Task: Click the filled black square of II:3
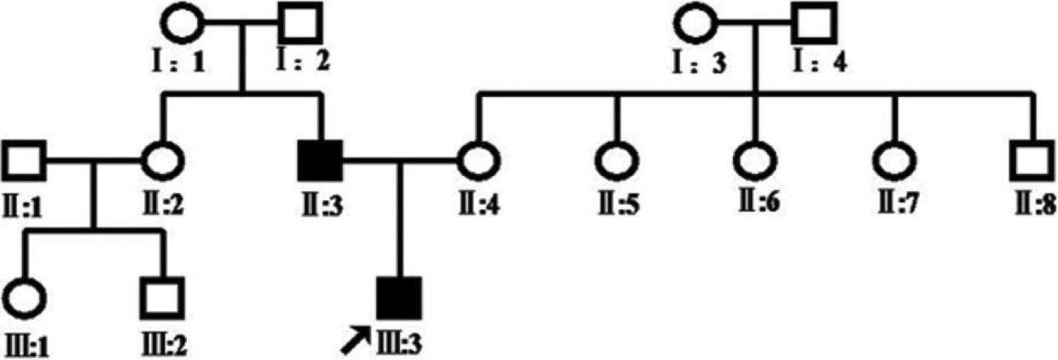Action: click(x=320, y=162)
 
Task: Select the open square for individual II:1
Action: click(x=26, y=162)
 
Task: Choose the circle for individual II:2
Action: click(x=162, y=162)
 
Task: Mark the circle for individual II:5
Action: click(x=616, y=162)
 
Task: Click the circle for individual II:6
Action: click(x=755, y=162)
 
